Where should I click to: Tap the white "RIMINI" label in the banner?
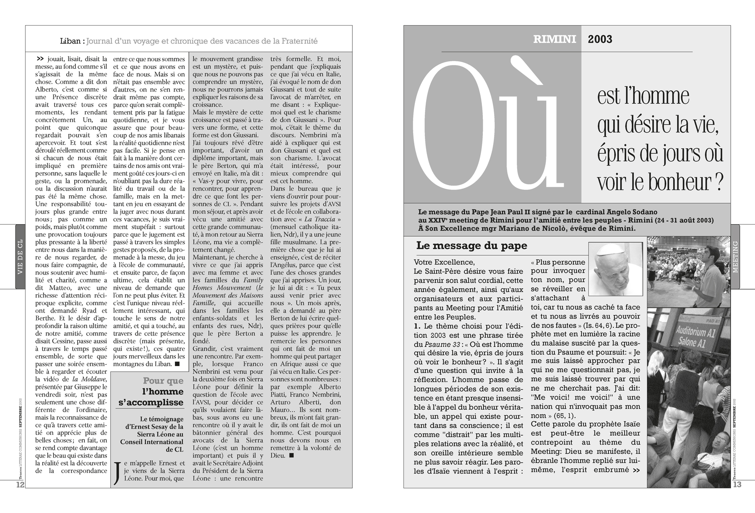[555, 39]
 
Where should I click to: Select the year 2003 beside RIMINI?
[600, 39]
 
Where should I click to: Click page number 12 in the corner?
[20, 484]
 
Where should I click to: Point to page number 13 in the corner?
[737, 484]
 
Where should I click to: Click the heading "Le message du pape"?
[471, 246]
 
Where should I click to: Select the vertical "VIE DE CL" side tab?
[20, 257]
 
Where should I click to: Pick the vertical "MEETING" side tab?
[735, 257]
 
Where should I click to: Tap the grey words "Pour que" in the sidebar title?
[163, 381]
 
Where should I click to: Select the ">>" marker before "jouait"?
[41, 59]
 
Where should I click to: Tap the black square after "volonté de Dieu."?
[292, 455]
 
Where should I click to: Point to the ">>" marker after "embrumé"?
[635, 470]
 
